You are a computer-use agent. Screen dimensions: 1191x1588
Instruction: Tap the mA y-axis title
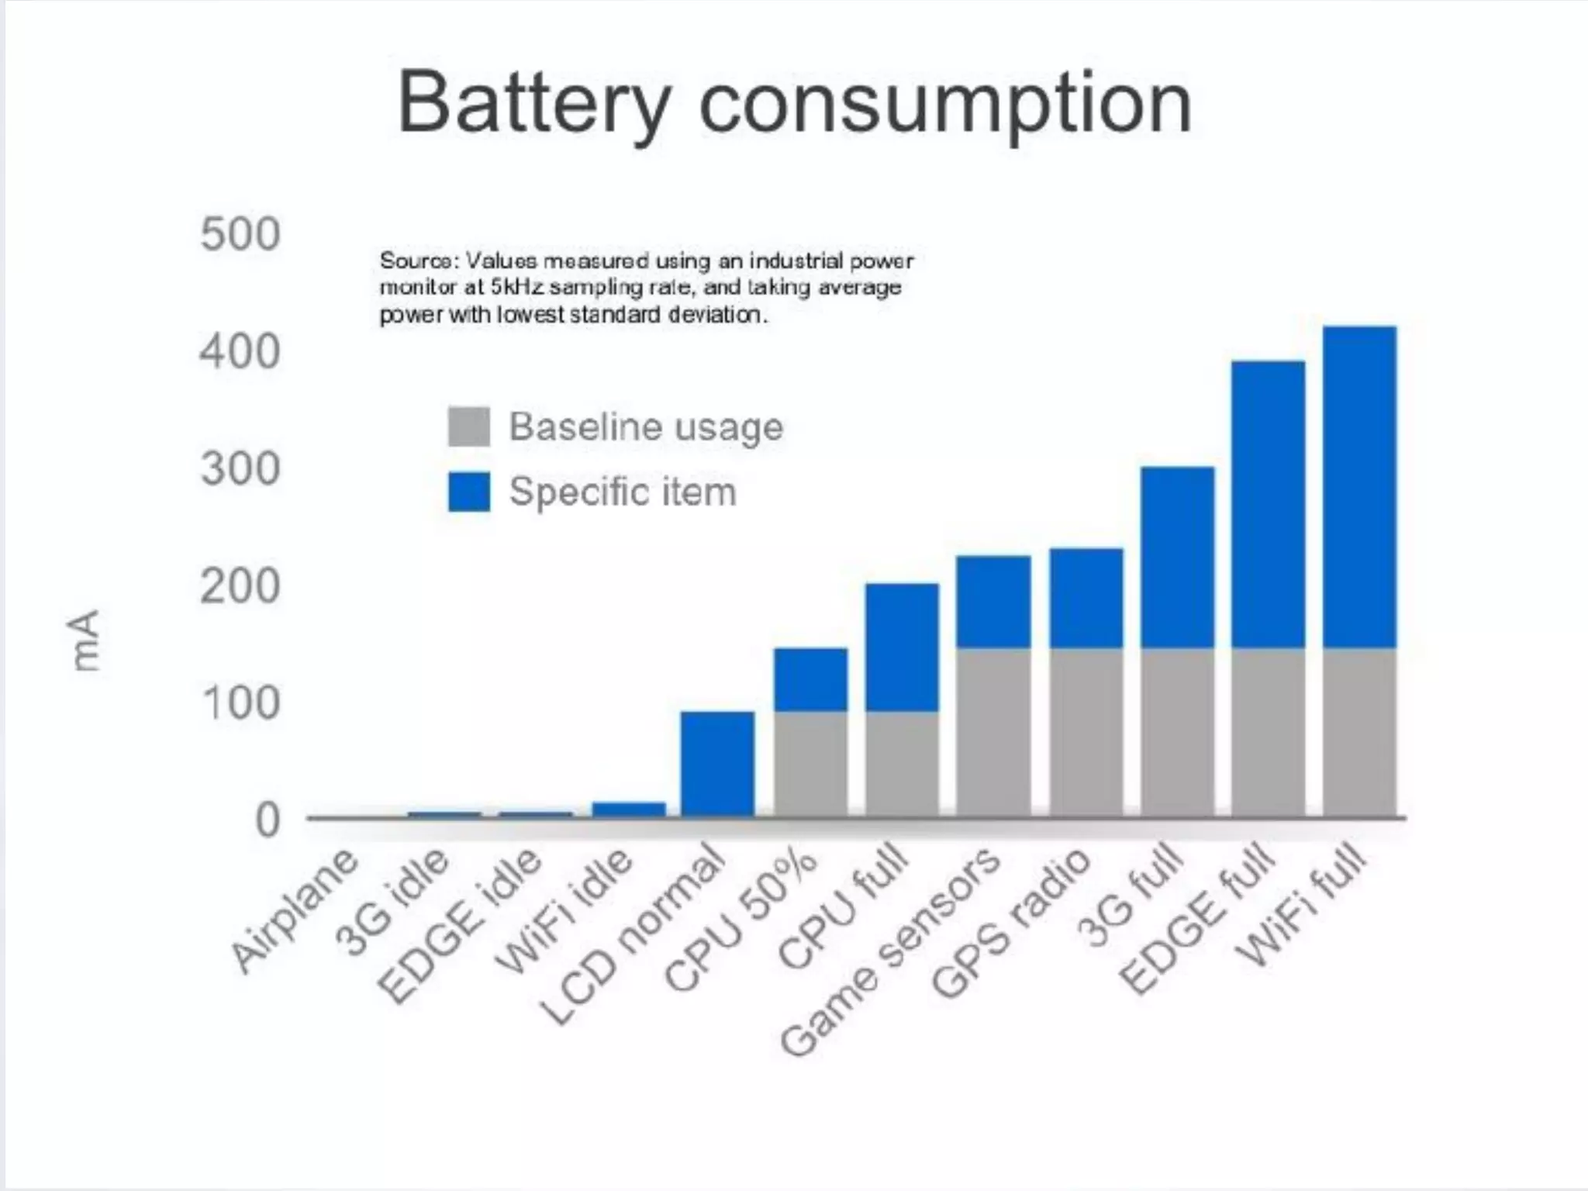(x=85, y=640)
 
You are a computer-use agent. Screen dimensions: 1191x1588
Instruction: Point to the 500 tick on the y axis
(x=240, y=234)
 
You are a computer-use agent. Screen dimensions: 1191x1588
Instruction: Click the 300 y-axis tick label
(x=240, y=469)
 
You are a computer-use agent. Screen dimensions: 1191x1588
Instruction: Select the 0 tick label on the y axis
(x=267, y=820)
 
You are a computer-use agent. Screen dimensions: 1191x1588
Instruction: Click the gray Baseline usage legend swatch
(x=468, y=426)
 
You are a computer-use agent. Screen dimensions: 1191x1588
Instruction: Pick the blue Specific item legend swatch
(x=468, y=492)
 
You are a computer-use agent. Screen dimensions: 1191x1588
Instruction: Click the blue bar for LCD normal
(x=717, y=763)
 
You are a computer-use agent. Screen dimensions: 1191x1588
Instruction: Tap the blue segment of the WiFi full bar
(x=1359, y=487)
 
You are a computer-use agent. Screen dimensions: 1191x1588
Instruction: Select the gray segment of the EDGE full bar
(x=1268, y=732)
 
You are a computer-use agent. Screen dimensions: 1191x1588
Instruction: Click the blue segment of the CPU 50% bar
(x=810, y=679)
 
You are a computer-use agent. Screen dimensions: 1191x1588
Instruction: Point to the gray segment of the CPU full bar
(x=902, y=763)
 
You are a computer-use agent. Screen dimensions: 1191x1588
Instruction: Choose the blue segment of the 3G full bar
(x=1177, y=557)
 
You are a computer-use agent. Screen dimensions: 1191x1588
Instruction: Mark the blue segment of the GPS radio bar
(x=1086, y=598)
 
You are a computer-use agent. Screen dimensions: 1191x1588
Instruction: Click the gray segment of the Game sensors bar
(x=993, y=732)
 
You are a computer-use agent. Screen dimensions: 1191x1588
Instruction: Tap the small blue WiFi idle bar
(x=629, y=809)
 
